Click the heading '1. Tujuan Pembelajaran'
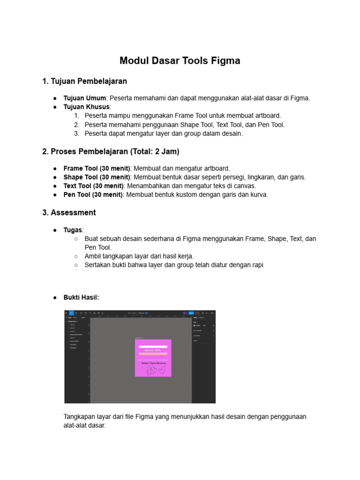coord(84,82)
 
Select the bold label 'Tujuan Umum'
coord(85,98)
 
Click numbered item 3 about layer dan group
coord(164,134)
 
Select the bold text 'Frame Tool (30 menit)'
coord(97,168)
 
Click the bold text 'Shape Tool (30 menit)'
coord(97,177)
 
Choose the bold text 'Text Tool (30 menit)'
coord(95,186)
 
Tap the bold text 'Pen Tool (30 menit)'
coord(93,195)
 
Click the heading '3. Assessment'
coord(69,213)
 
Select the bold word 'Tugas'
coord(73,230)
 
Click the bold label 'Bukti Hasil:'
coord(81,297)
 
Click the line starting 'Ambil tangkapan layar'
coord(139,256)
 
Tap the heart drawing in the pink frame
coord(162,370)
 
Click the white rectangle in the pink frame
coord(153,347)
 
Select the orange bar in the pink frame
coord(153,354)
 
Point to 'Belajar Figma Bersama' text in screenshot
coord(153,363)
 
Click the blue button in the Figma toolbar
coord(191,313)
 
